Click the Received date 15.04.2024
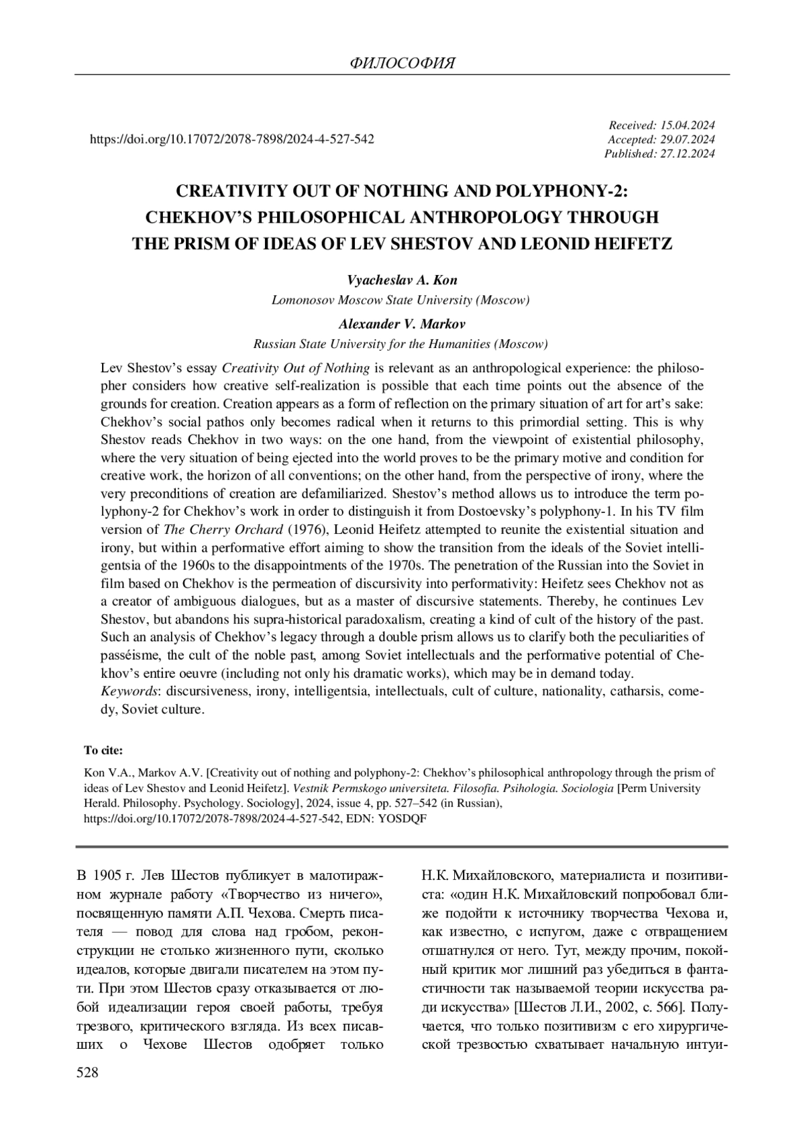687,125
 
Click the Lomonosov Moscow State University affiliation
400,300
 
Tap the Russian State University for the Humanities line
400,344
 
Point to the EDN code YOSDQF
405,819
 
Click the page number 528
88,1073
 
